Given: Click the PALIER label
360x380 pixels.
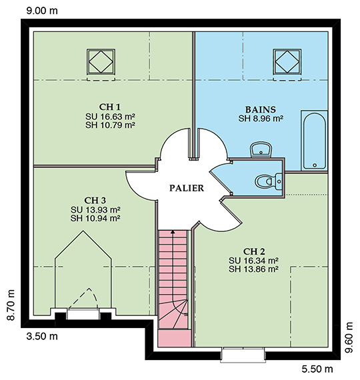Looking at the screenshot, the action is (x=187, y=188).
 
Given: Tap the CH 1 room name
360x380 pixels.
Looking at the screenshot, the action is (x=109, y=107).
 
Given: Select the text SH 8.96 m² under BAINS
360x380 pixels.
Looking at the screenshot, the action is (x=261, y=119).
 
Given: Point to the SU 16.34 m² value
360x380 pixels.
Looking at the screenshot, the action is (x=253, y=261).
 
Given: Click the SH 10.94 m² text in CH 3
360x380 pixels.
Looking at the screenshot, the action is (x=95, y=219).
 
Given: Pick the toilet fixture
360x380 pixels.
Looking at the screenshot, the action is (x=269, y=181).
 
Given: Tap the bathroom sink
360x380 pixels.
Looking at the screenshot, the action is (x=261, y=149).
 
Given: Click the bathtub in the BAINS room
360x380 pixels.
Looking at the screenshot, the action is (x=315, y=141).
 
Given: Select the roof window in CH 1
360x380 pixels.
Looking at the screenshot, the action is (x=101, y=61).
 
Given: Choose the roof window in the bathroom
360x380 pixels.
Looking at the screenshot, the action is (x=287, y=61).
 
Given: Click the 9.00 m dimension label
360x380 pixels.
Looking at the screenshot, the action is (x=42, y=11).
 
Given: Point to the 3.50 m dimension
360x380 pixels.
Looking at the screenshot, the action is (x=42, y=337).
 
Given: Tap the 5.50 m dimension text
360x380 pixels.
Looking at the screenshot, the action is (x=317, y=369).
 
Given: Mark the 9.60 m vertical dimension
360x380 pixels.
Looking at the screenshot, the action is (x=349, y=337).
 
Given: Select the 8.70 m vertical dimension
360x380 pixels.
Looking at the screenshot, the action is (x=11, y=305).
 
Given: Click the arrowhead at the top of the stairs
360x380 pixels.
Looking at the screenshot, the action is (x=173, y=232).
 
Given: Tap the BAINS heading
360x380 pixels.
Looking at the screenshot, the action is (x=261, y=109).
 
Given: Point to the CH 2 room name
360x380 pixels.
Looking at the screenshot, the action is (x=253, y=251).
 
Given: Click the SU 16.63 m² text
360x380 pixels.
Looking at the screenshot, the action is (x=110, y=117).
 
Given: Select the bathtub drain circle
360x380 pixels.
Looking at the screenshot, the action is (x=315, y=165).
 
